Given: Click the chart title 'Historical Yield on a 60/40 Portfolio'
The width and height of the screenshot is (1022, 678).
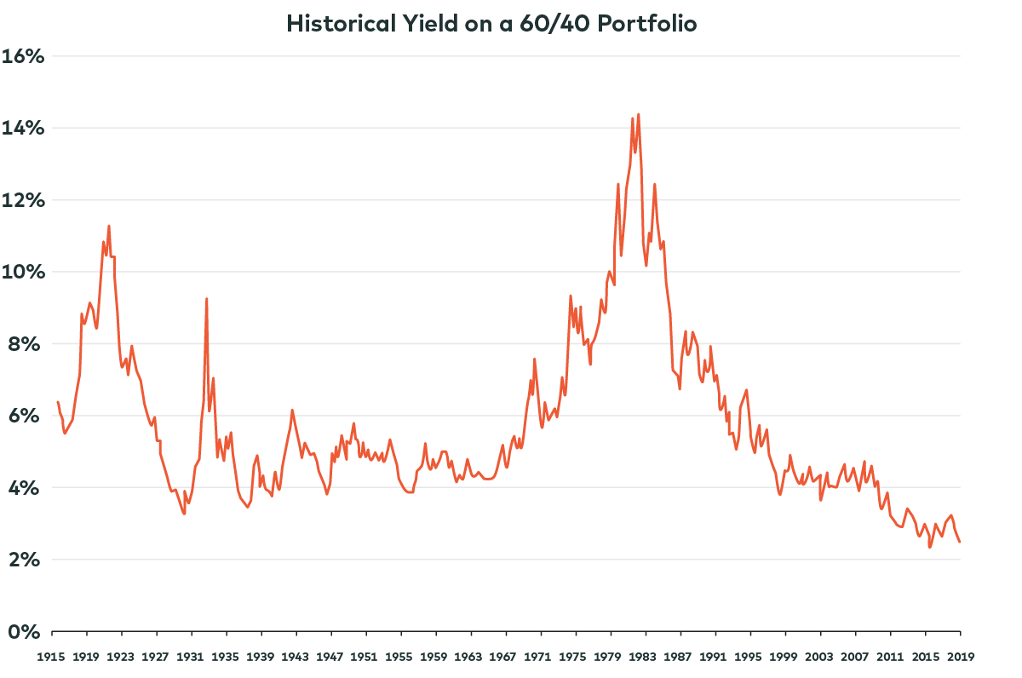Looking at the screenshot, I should point(492,23).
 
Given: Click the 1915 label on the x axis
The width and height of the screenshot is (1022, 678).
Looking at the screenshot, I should point(52,657).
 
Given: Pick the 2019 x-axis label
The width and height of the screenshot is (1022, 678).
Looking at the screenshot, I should point(961,657).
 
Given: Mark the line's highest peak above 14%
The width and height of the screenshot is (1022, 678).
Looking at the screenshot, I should point(638,114).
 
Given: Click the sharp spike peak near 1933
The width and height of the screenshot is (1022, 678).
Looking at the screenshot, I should point(206,299).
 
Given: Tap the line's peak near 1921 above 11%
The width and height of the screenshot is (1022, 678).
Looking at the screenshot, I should point(109,226).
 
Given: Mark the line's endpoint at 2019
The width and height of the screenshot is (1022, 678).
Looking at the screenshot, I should point(960,542).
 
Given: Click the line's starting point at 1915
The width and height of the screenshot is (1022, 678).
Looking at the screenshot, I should point(57,401).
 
